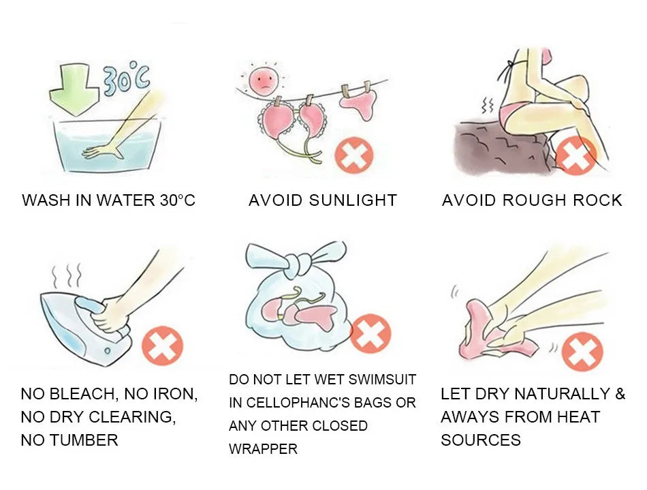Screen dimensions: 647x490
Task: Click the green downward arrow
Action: (x=74, y=89)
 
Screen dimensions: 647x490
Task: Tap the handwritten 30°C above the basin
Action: (x=127, y=79)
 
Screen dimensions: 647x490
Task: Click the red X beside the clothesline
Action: (x=354, y=155)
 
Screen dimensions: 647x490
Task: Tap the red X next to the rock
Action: (x=576, y=155)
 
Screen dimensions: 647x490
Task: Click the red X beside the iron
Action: (x=162, y=345)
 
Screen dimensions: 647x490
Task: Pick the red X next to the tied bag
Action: (x=370, y=333)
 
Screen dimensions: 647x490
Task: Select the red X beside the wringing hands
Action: (x=582, y=351)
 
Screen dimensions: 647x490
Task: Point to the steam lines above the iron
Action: (x=67, y=276)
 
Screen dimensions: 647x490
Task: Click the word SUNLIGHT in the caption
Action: (x=353, y=200)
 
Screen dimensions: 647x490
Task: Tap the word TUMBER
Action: (x=84, y=440)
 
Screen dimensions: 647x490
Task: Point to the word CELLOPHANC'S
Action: (x=308, y=403)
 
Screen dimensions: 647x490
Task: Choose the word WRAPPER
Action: (x=263, y=448)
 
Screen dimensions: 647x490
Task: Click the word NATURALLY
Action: (x=562, y=394)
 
